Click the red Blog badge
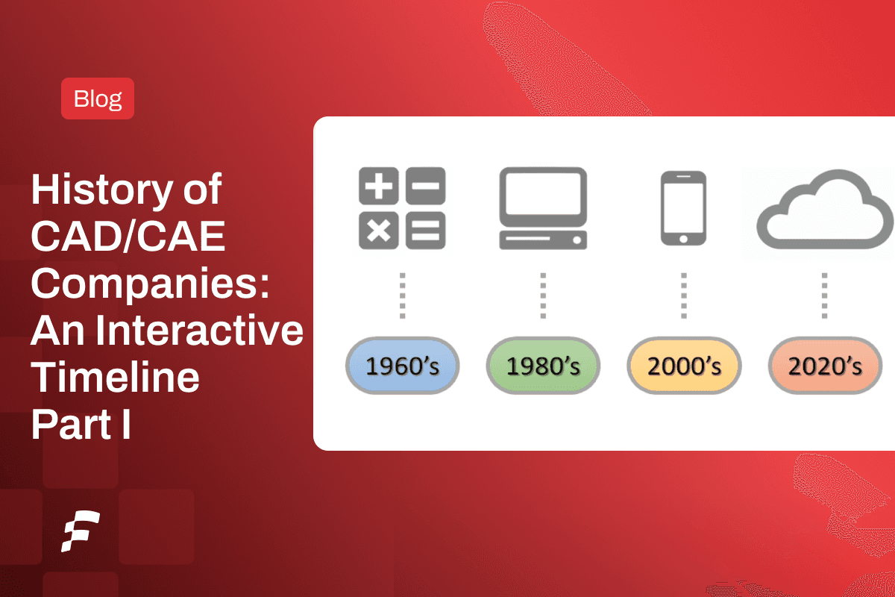point(98,99)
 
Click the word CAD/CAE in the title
point(128,238)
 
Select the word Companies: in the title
point(151,284)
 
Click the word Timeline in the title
point(115,378)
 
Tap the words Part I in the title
point(81,424)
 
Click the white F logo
point(81,531)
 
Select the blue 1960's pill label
point(402,366)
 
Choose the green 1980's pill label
point(543,366)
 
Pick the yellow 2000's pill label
point(684,366)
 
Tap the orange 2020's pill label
point(825,366)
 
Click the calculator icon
point(402,208)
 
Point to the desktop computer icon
point(543,208)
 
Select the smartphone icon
point(683,208)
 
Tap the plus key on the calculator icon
point(380,187)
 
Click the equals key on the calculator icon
point(425,230)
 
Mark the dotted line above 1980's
point(543,296)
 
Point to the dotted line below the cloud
point(824,296)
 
